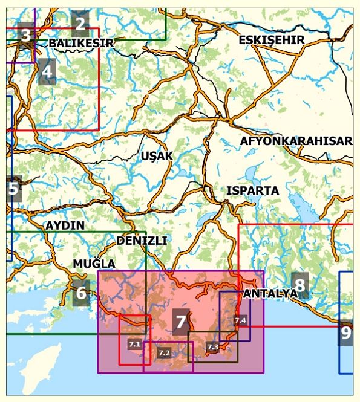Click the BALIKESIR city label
[x=81, y=43]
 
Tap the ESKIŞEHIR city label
[x=272, y=40]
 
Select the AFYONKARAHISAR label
[x=296, y=141]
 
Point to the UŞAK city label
[x=157, y=156]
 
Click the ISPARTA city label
[x=252, y=190]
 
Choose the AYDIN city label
[x=65, y=225]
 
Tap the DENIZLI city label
[x=142, y=240]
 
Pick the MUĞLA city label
[x=94, y=264]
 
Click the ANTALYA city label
[x=270, y=294]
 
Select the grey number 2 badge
[x=80, y=24]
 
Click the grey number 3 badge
[x=25, y=35]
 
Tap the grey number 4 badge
[x=47, y=73]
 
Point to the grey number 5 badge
[x=13, y=189]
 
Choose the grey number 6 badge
[x=81, y=293]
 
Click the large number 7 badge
[x=180, y=321]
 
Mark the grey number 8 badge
[x=299, y=284]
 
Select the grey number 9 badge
[x=345, y=332]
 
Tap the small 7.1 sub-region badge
[x=134, y=344]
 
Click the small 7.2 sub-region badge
[x=164, y=352]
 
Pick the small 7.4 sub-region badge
[x=240, y=320]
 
